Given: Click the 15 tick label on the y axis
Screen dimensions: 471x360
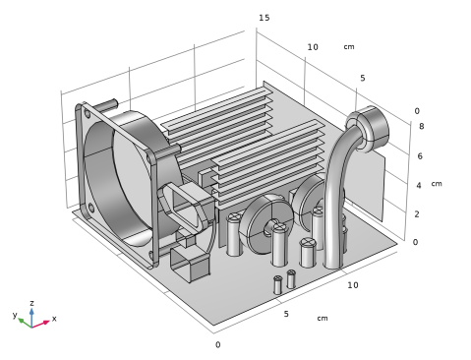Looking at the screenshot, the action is (265, 18).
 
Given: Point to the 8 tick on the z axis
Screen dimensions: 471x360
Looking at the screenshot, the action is (422, 126).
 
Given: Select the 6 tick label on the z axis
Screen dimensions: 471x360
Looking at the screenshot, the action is (420, 156).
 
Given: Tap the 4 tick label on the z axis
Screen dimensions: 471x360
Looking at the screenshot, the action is (419, 186).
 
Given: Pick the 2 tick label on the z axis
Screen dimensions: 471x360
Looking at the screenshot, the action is (417, 214).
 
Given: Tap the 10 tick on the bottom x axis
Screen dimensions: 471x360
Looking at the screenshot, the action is (353, 285).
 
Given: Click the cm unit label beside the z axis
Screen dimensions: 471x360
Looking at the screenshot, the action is (437, 184).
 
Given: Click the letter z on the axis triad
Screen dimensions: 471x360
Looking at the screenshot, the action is (31, 303).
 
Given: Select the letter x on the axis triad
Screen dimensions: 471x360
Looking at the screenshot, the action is (54, 319).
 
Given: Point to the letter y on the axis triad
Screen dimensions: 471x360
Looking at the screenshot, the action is (15, 315).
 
